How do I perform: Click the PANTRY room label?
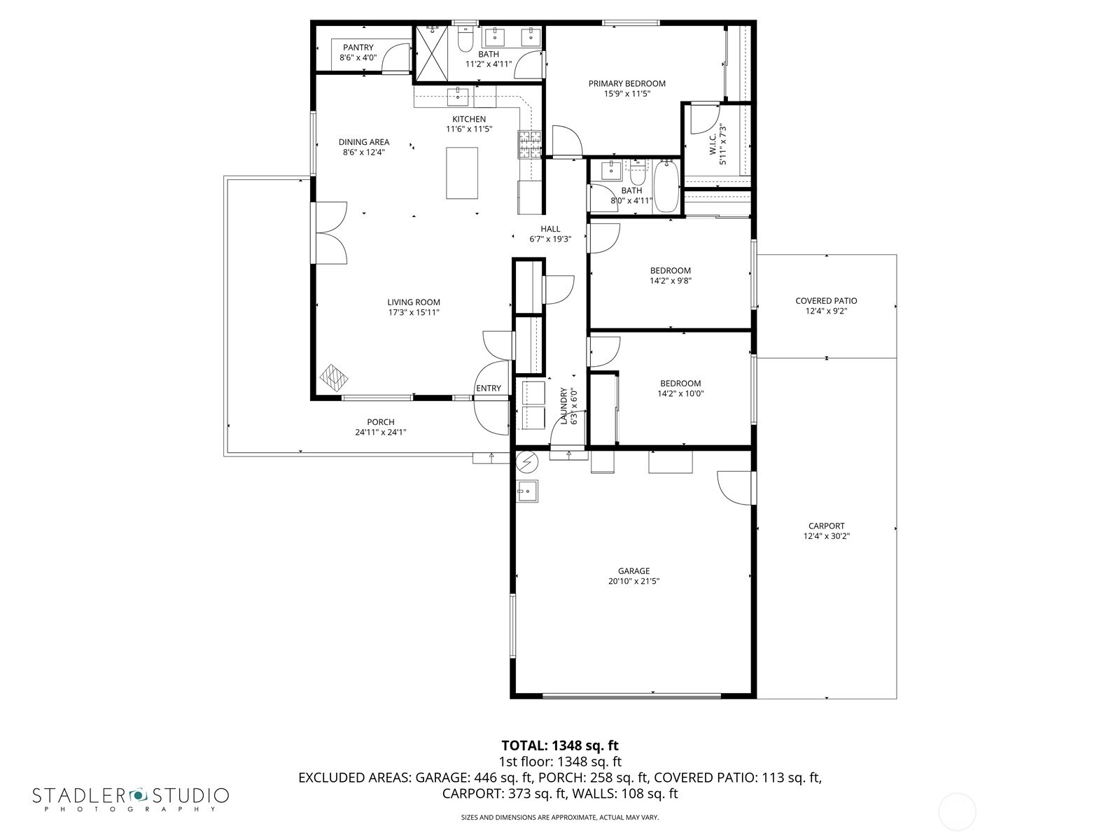point(358,48)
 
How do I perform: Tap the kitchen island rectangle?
point(462,173)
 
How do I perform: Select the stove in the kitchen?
point(530,143)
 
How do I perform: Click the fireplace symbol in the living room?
point(334,378)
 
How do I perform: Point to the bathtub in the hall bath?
point(666,187)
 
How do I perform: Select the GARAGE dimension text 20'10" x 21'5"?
point(633,581)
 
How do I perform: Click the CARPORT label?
point(826,526)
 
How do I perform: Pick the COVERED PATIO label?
point(826,301)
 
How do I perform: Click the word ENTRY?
point(489,388)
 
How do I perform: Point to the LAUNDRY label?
point(563,407)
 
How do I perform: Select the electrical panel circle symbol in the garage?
point(526,462)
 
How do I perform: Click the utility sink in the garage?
point(527,491)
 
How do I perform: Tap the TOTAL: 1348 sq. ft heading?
point(560,745)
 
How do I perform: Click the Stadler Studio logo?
point(130,798)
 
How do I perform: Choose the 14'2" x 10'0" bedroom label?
point(680,388)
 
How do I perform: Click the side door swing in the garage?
point(735,487)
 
